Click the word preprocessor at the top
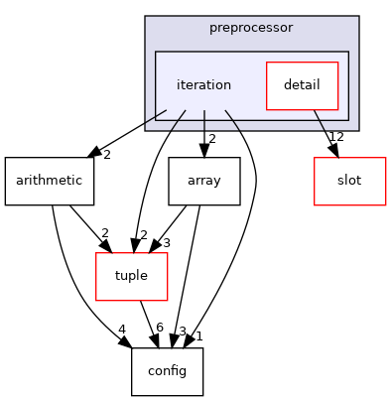pos(251,27)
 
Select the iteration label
pos(203,85)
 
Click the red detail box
pos(302,85)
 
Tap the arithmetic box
pos(50,181)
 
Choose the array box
pos(204,181)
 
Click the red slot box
pos(349,181)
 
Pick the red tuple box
pos(130,276)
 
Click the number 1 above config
pos(198,335)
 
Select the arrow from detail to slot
pos(325,129)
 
